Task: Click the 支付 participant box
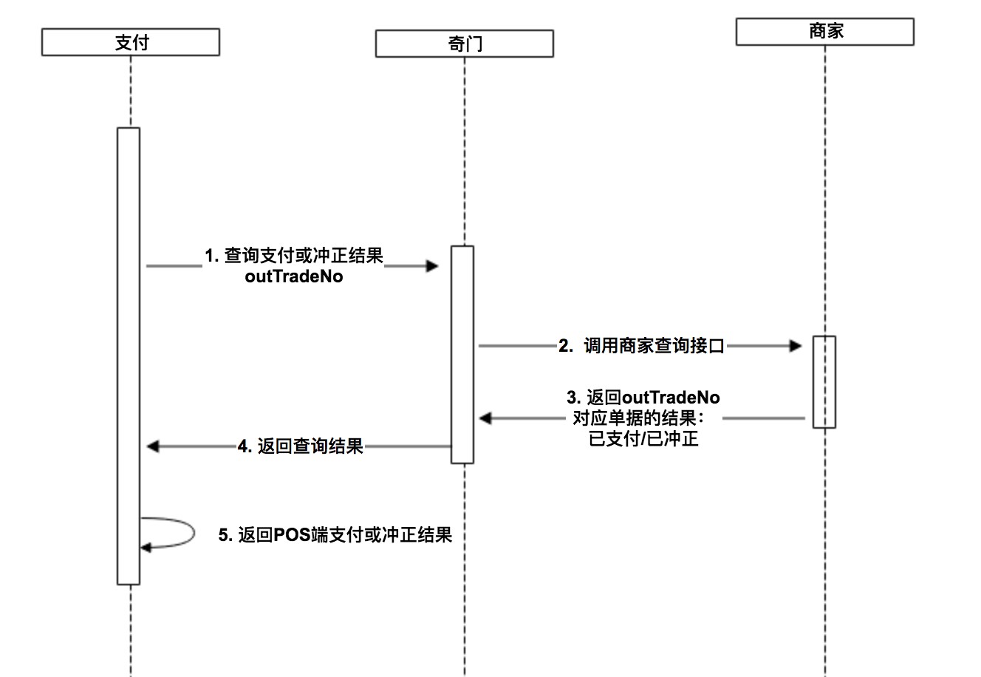pyautogui.click(x=131, y=42)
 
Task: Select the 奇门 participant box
pyautogui.click(x=464, y=44)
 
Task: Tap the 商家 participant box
pyautogui.click(x=824, y=32)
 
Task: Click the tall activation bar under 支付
pyautogui.click(x=129, y=355)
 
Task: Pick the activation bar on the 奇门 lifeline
pyautogui.click(x=462, y=355)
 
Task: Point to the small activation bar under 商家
pyautogui.click(x=824, y=381)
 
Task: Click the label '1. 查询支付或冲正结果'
pyautogui.click(x=294, y=256)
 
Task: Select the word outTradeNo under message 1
pyautogui.click(x=294, y=278)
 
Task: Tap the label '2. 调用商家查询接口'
pyautogui.click(x=641, y=346)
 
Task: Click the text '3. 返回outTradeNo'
pyautogui.click(x=643, y=398)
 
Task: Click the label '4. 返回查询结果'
pyautogui.click(x=301, y=446)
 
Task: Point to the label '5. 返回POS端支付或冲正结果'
pyautogui.click(x=335, y=535)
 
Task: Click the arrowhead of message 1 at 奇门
pyautogui.click(x=433, y=266)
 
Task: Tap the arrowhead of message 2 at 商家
pyautogui.click(x=796, y=345)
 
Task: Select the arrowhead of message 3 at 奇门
pyautogui.click(x=485, y=418)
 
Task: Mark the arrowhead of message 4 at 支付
pyautogui.click(x=153, y=446)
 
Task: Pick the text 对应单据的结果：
pyautogui.click(x=639, y=418)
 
